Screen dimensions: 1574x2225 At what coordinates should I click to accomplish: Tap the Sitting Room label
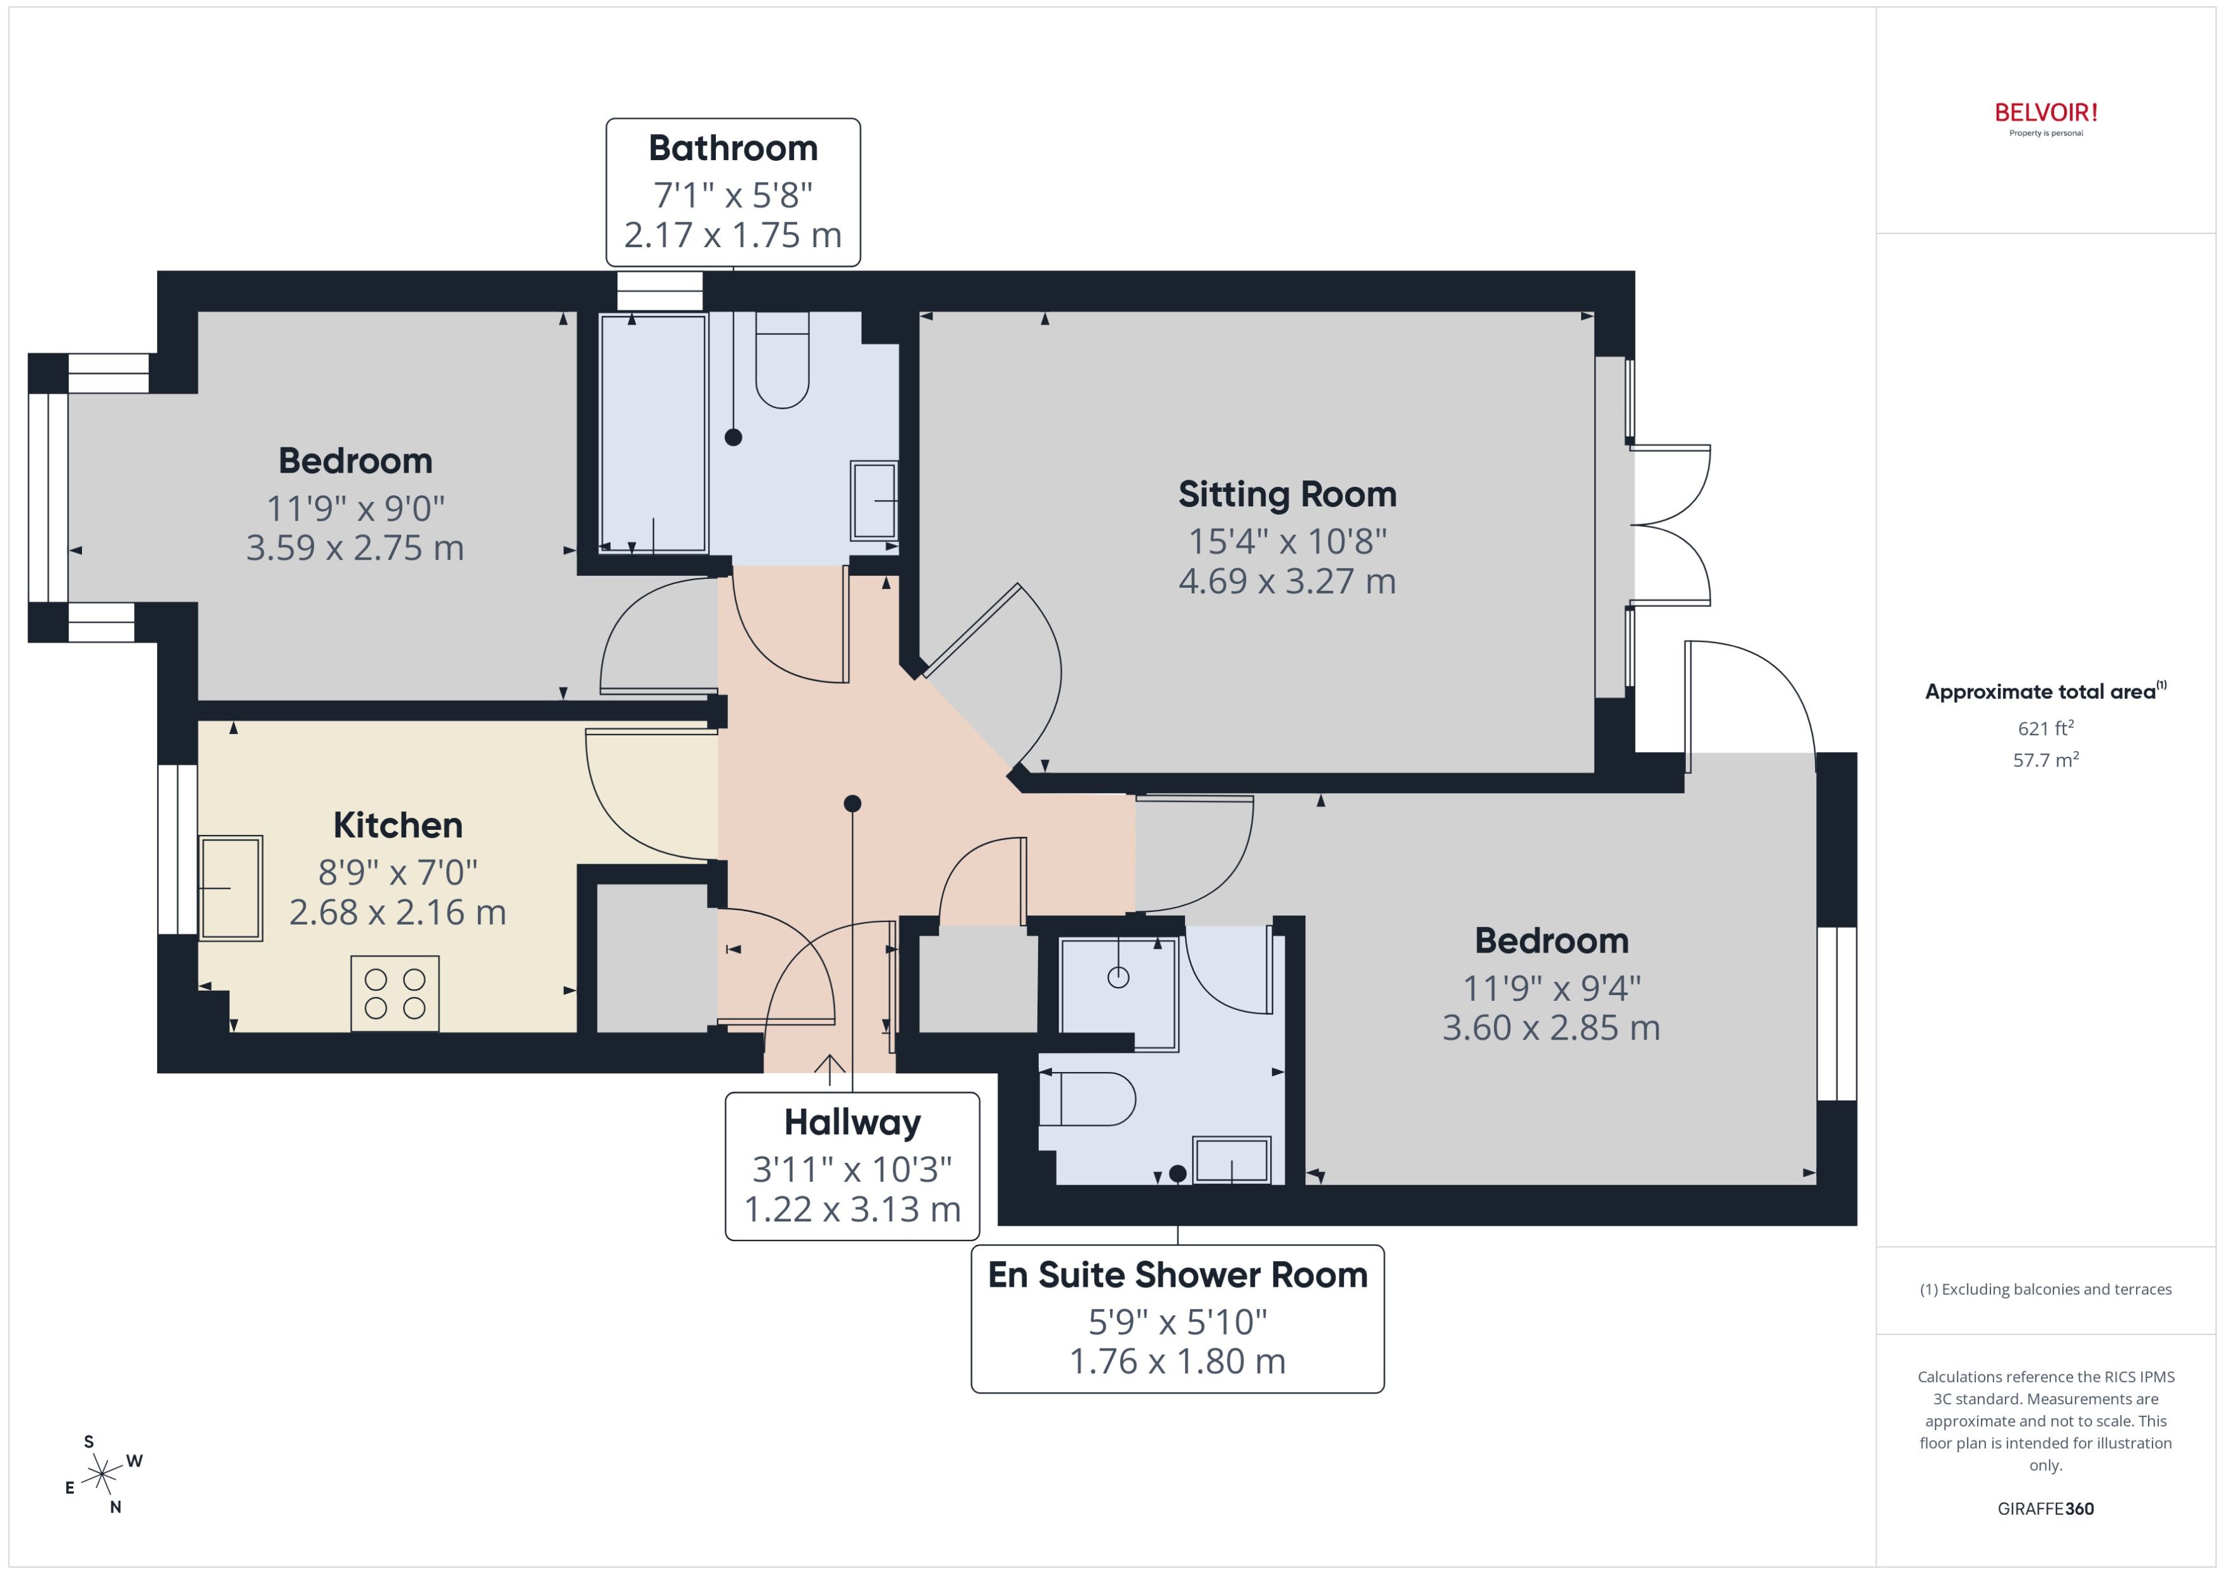click(x=1287, y=494)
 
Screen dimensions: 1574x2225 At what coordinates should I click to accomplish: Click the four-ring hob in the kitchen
click(x=395, y=993)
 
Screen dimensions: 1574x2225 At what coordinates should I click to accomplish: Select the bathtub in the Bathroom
click(x=652, y=433)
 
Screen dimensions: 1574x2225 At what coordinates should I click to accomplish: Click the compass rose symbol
click(x=102, y=1475)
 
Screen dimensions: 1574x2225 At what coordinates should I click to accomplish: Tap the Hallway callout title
click(x=852, y=1122)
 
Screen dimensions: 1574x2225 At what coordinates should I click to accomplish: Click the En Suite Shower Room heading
click(x=1177, y=1275)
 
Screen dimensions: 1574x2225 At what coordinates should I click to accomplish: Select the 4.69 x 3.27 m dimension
click(x=1287, y=581)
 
